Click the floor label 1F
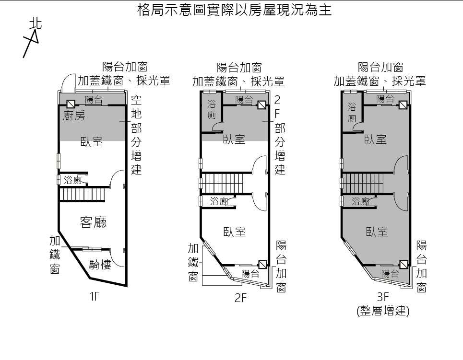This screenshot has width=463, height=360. click(94, 297)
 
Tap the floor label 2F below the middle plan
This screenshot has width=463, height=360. click(240, 298)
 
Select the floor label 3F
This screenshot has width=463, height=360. click(382, 297)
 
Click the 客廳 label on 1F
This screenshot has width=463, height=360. click(93, 222)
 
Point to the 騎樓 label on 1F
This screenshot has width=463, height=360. click(100, 264)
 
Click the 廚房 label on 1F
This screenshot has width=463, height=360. click(74, 116)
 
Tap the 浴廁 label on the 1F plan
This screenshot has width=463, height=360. click(73, 180)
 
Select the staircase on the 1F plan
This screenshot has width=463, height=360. click(82, 194)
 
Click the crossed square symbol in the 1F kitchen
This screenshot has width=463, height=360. click(71, 104)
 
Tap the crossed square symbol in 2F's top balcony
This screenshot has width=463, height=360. click(262, 105)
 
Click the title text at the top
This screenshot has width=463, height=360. click(235, 11)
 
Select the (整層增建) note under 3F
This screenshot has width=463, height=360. click(383, 311)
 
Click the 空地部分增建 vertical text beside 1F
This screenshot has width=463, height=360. click(137, 135)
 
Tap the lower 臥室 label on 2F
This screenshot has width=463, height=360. click(235, 232)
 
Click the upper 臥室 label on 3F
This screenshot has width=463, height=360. click(376, 139)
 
